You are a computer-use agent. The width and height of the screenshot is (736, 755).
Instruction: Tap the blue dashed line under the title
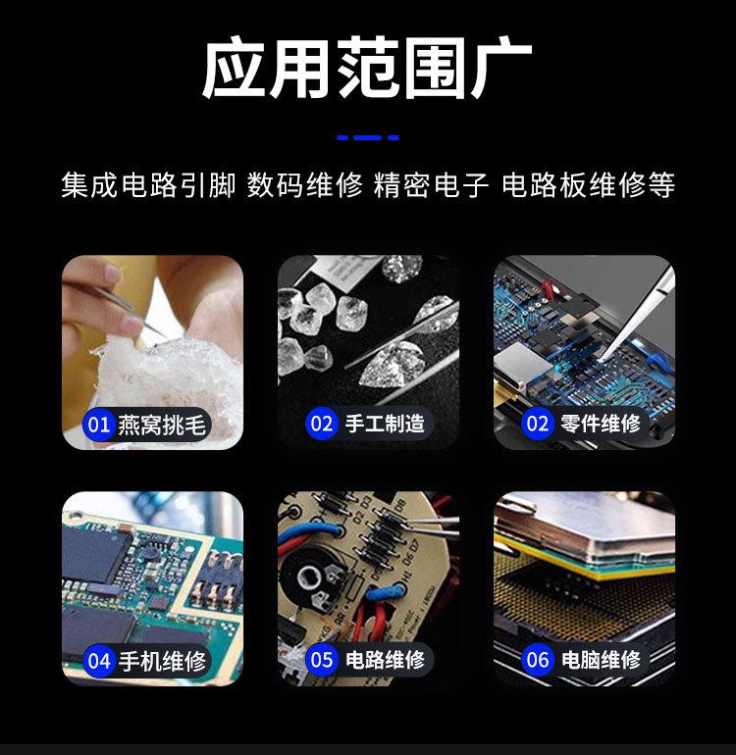(x=367, y=137)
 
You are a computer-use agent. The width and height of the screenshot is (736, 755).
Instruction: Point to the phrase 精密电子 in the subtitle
(x=431, y=185)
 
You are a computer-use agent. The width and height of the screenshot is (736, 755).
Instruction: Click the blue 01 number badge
(x=99, y=425)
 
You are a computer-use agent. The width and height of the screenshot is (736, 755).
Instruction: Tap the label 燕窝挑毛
(x=163, y=425)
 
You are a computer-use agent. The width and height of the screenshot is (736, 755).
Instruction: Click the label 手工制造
(x=385, y=424)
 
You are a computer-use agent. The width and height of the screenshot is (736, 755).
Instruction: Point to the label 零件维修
(x=601, y=424)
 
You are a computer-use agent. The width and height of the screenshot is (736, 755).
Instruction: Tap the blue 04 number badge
(x=99, y=660)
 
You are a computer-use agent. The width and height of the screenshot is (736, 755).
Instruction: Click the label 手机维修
(x=163, y=660)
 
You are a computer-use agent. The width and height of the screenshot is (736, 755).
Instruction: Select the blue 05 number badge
(x=322, y=659)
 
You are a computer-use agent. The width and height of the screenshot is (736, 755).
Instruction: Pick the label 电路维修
(x=385, y=659)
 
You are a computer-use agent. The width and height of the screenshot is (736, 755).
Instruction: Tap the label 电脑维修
(x=601, y=659)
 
